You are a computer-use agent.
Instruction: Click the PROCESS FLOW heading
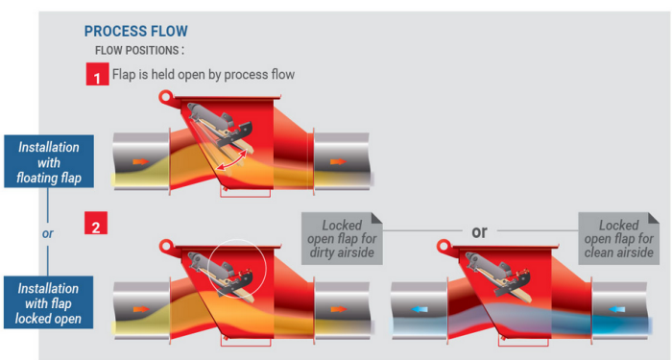click(136, 32)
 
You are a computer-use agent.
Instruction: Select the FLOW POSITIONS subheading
click(139, 51)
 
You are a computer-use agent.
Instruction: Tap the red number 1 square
click(97, 74)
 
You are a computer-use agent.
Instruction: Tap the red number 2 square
click(96, 223)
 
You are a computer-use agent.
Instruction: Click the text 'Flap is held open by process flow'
click(204, 75)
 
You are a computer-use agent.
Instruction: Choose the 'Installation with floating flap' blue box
click(49, 161)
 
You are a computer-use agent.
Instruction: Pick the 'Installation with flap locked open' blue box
click(48, 302)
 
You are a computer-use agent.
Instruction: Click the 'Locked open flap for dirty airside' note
click(342, 238)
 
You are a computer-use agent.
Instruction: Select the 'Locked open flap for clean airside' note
click(619, 238)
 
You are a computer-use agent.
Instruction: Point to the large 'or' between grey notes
click(479, 232)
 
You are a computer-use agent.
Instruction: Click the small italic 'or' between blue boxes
click(48, 233)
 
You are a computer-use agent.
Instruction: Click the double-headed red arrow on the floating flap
click(232, 160)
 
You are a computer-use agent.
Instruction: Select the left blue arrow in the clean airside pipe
click(420, 309)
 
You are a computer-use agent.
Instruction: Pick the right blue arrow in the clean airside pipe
click(616, 309)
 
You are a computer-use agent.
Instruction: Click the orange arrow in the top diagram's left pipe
click(141, 161)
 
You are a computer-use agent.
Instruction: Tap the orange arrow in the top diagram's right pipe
click(339, 161)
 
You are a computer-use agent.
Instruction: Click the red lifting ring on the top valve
click(165, 97)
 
